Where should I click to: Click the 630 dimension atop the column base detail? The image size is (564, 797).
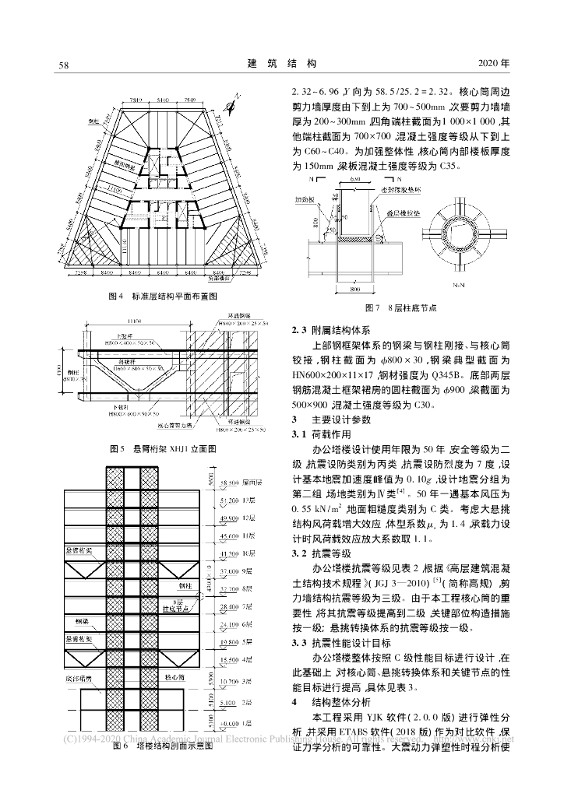pos(355,180)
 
